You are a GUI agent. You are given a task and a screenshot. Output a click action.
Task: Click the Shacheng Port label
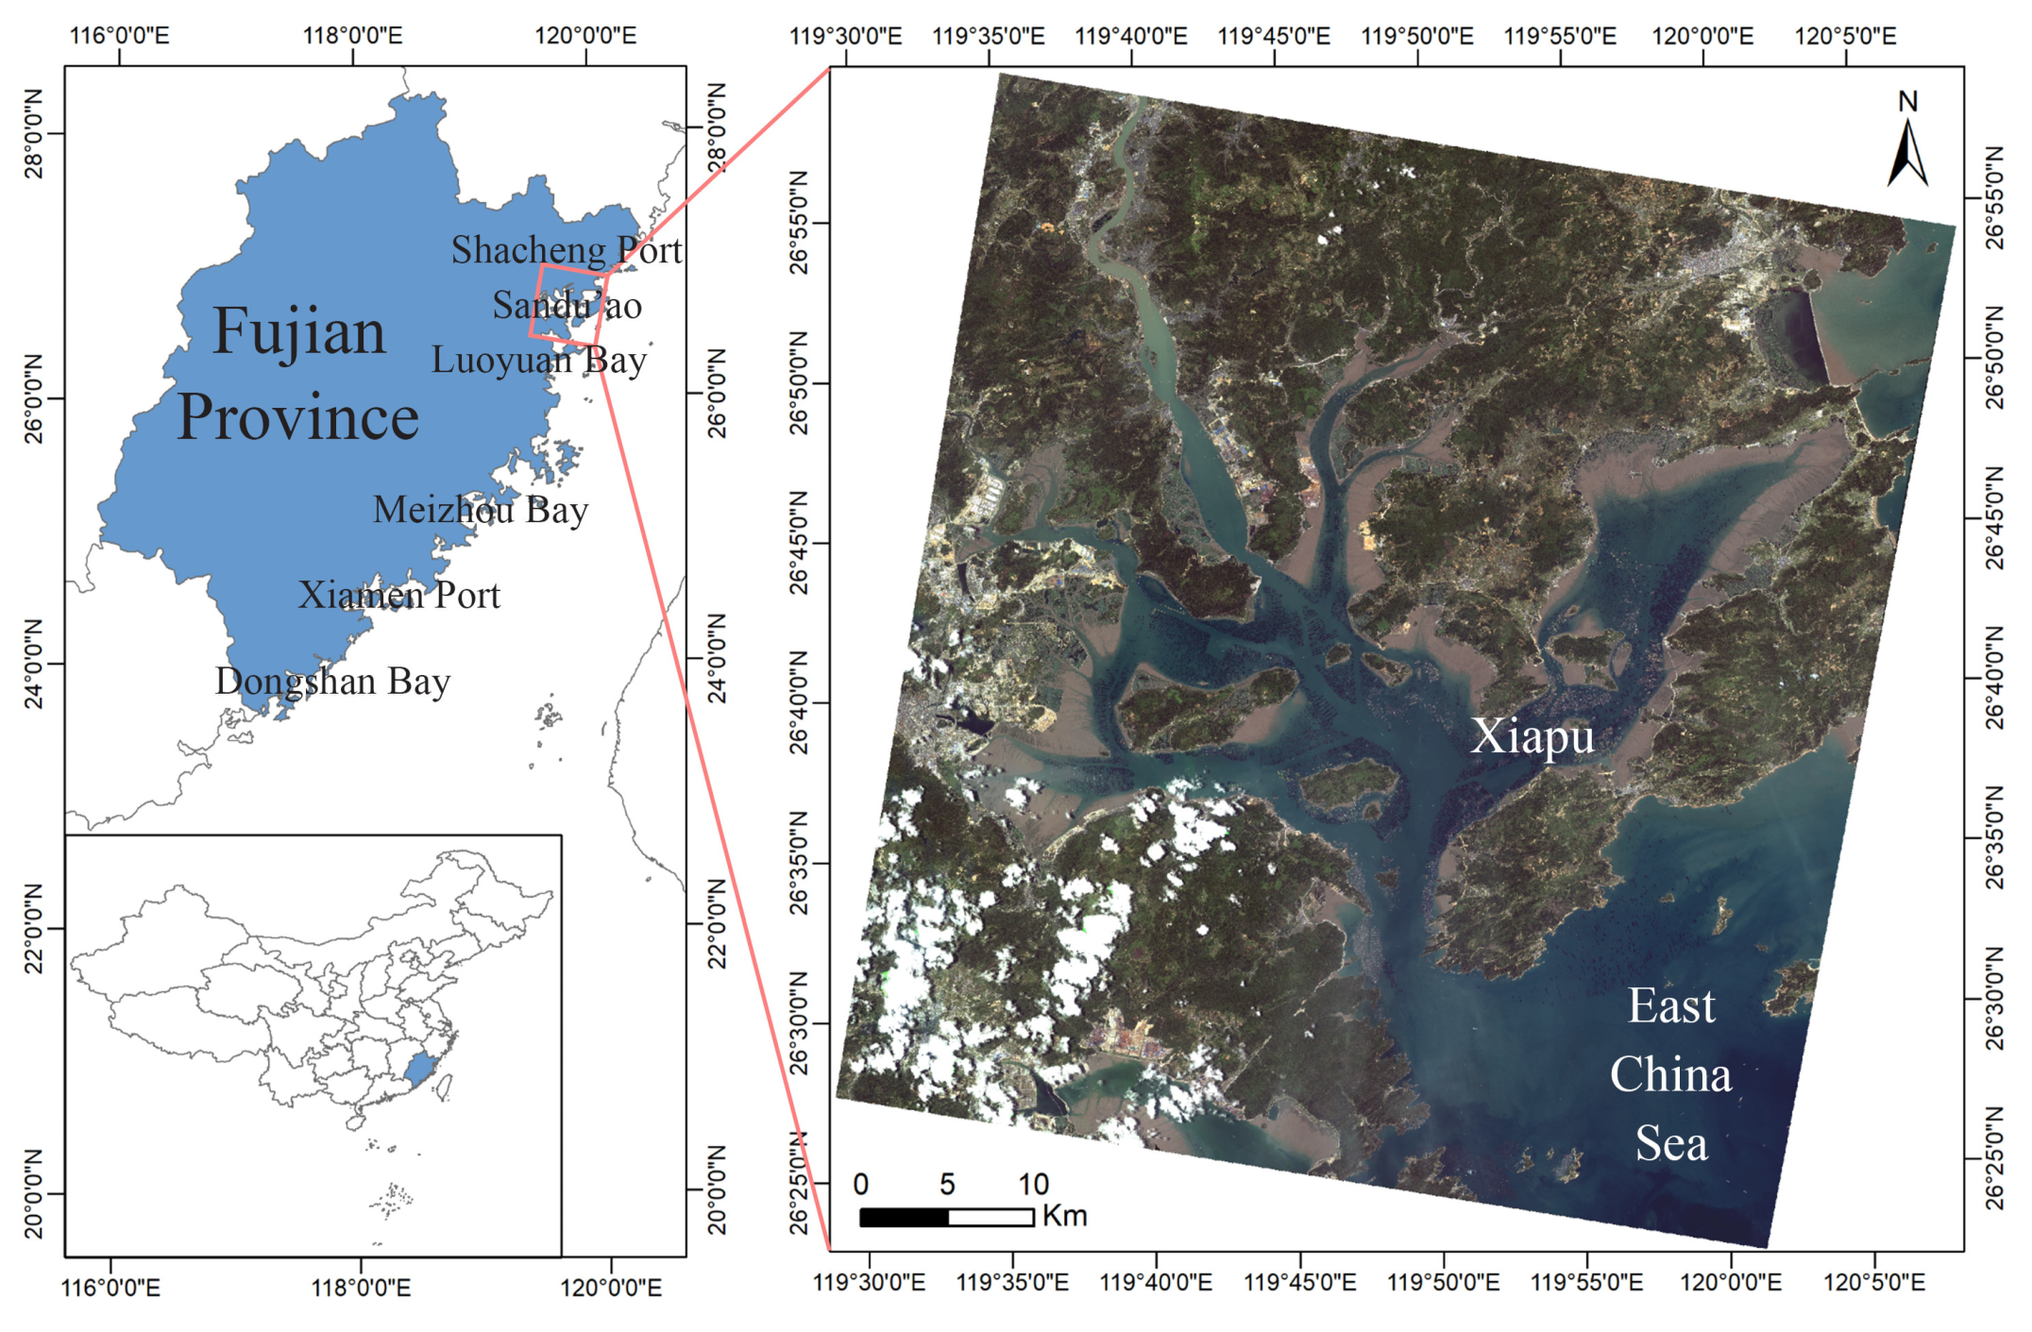pos(567,250)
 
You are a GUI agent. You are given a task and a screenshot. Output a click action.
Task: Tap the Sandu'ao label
pos(567,305)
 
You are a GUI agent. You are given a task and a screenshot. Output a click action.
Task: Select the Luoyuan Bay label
pos(538,360)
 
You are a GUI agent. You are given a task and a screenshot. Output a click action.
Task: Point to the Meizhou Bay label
pos(480,510)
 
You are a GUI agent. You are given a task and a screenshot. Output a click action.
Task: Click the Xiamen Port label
pos(398,595)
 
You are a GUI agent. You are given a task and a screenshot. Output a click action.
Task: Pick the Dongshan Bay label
pos(332,681)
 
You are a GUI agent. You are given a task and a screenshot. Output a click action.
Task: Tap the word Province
pos(297,416)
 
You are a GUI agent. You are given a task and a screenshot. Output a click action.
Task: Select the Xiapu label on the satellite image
pos(1532,735)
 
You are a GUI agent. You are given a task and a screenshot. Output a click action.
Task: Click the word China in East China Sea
pos(1670,1074)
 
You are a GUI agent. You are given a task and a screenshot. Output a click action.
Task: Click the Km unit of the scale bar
pos(1065,1216)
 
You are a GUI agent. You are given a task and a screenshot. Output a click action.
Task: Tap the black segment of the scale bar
pos(904,1218)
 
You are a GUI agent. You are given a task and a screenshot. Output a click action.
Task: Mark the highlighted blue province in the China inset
pos(419,1069)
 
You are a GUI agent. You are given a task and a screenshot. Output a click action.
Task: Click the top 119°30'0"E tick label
pos(845,36)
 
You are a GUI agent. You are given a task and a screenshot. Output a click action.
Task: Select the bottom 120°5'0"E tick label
pos(1873,1282)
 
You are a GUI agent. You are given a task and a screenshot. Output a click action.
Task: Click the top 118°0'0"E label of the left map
pos(352,36)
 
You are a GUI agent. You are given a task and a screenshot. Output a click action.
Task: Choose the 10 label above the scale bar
pos(1033,1184)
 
